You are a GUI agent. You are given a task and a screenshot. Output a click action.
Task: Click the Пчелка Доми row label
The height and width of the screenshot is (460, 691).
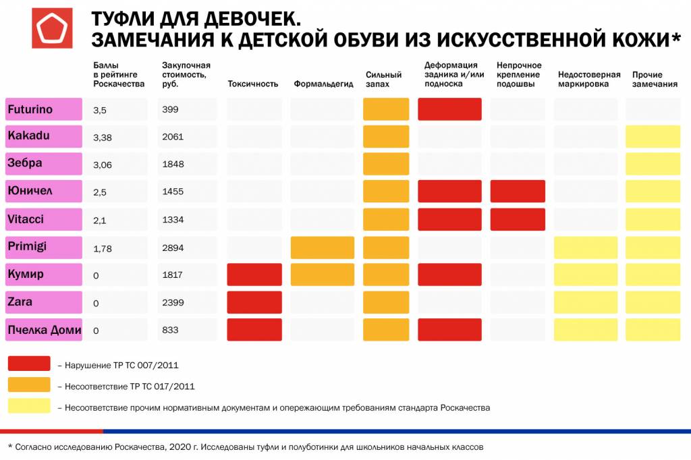(44, 330)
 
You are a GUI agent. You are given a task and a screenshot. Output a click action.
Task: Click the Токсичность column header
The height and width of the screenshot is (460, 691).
(253, 84)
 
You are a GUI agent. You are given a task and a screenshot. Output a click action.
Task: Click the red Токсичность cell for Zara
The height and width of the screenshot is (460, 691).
(254, 302)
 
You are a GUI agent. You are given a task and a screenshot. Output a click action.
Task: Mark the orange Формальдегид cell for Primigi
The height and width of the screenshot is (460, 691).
(322, 248)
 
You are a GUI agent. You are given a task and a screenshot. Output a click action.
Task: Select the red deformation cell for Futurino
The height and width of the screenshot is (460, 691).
(449, 109)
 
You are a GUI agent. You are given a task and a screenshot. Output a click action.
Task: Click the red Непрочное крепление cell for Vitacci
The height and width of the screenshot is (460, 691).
(518, 219)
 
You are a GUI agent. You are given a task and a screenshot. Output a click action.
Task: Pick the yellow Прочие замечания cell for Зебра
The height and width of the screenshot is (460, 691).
(653, 164)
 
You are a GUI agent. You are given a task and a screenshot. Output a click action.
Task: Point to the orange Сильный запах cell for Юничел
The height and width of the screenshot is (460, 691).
(386, 192)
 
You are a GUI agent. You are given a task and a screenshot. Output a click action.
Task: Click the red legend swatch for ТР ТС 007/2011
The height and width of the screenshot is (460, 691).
(29, 364)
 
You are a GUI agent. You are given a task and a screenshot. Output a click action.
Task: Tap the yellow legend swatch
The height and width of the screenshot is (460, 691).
(29, 406)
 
